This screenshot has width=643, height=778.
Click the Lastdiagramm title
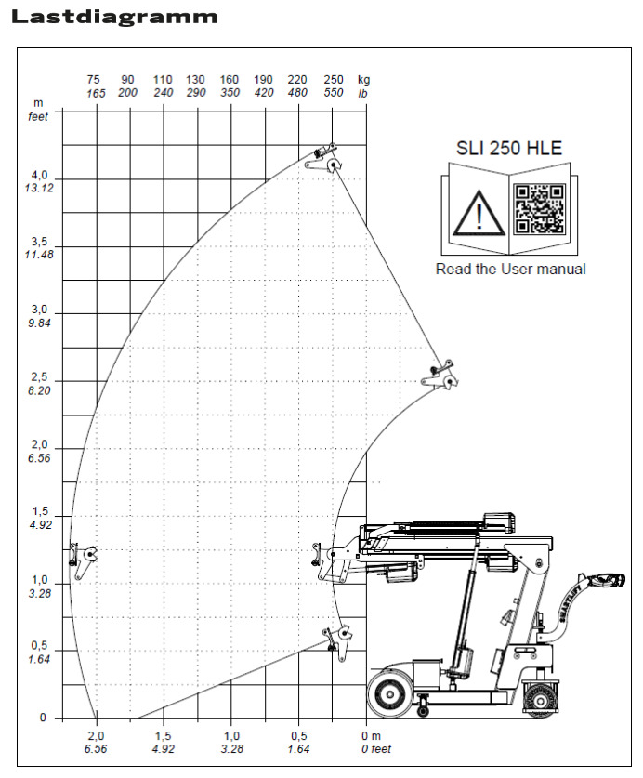coord(115,17)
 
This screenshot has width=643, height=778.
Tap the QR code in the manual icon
coord(540,207)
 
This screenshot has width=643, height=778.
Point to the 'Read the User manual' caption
coord(511,269)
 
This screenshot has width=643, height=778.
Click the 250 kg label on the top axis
coord(333,80)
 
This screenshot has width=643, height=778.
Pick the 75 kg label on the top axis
coord(94,80)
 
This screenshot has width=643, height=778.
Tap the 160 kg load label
coord(230,80)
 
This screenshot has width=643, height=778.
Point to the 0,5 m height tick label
coord(39,646)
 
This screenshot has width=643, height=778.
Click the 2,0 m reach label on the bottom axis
coord(96,736)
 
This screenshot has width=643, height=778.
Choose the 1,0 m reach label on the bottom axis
coord(231,736)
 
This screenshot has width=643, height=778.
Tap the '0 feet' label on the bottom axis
coord(375,749)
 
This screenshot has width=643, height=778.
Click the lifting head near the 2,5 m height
coord(443,376)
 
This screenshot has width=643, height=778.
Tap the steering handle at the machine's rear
coord(603,583)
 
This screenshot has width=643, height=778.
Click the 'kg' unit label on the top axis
coord(363,80)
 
